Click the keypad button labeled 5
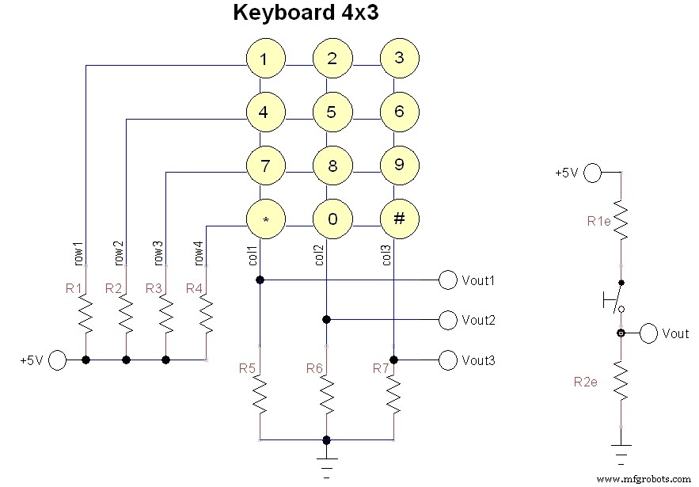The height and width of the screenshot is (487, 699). [x=332, y=112]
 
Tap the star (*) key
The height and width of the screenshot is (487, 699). [x=264, y=219]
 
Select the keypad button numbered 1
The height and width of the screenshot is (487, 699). [x=264, y=59]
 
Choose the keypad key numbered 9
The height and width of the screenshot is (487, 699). [x=399, y=166]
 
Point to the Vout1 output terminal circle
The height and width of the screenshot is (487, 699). [x=449, y=280]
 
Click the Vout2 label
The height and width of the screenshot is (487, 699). [x=479, y=320]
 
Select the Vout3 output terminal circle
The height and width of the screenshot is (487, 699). [x=449, y=360]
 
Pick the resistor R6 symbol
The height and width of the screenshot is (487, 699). [x=326, y=394]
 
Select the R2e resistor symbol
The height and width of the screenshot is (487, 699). [x=621, y=382]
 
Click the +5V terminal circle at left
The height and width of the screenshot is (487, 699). [x=57, y=360]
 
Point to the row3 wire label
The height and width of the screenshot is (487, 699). [x=158, y=252]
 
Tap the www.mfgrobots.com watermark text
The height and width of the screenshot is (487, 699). [x=642, y=478]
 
